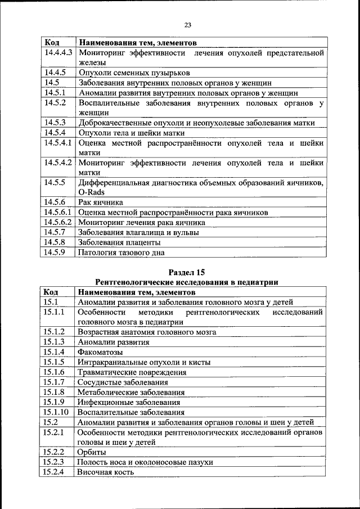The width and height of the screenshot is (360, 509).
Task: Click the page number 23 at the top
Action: click(x=188, y=24)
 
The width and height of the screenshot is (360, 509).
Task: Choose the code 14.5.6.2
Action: click(x=58, y=222)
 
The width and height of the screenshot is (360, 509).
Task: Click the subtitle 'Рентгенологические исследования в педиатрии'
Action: click(x=188, y=282)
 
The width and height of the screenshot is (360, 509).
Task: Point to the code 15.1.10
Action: click(x=56, y=412)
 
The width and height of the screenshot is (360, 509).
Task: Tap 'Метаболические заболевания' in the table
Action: click(x=132, y=392)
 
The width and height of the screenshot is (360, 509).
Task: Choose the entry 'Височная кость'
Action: click(x=106, y=472)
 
